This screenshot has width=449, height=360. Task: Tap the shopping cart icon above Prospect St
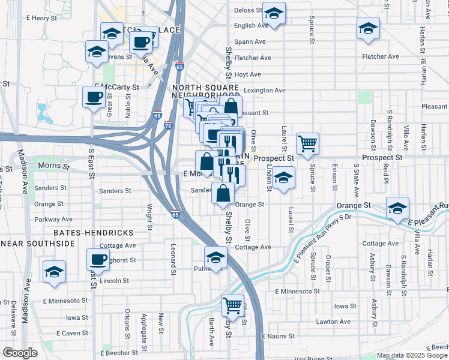coord(307,143)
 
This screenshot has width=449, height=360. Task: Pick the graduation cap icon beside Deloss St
coord(274,13)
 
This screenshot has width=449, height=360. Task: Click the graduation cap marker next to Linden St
coord(283,178)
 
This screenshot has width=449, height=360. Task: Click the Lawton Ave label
coord(333,322)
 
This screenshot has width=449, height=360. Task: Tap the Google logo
coord(20,352)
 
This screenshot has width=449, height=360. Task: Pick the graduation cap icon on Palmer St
coord(215,257)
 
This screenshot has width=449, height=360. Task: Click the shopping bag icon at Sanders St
coord(223,193)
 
